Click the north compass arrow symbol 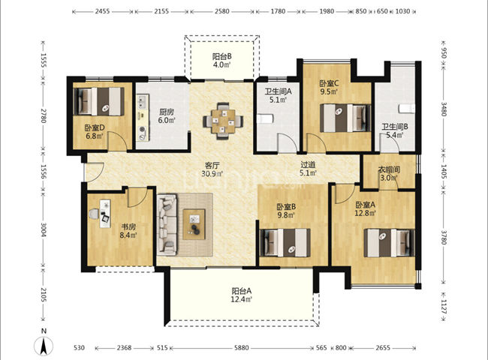[44, 346]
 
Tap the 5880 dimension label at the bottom [241, 347]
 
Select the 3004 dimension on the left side [44, 229]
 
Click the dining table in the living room [223, 120]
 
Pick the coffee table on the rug [194, 224]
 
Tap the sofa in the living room [167, 225]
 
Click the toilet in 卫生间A [265, 118]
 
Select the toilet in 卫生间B [407, 109]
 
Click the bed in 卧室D [99, 101]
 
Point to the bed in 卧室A [390, 243]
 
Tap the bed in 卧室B [285, 243]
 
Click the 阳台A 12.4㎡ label [242, 295]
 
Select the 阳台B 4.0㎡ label [222, 61]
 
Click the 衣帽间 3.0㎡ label [389, 174]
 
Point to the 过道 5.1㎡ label [308, 169]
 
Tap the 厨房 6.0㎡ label [166, 115]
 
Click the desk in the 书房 [105, 214]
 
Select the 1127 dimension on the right [444, 307]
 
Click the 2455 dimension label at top [102, 11]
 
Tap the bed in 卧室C [345, 118]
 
